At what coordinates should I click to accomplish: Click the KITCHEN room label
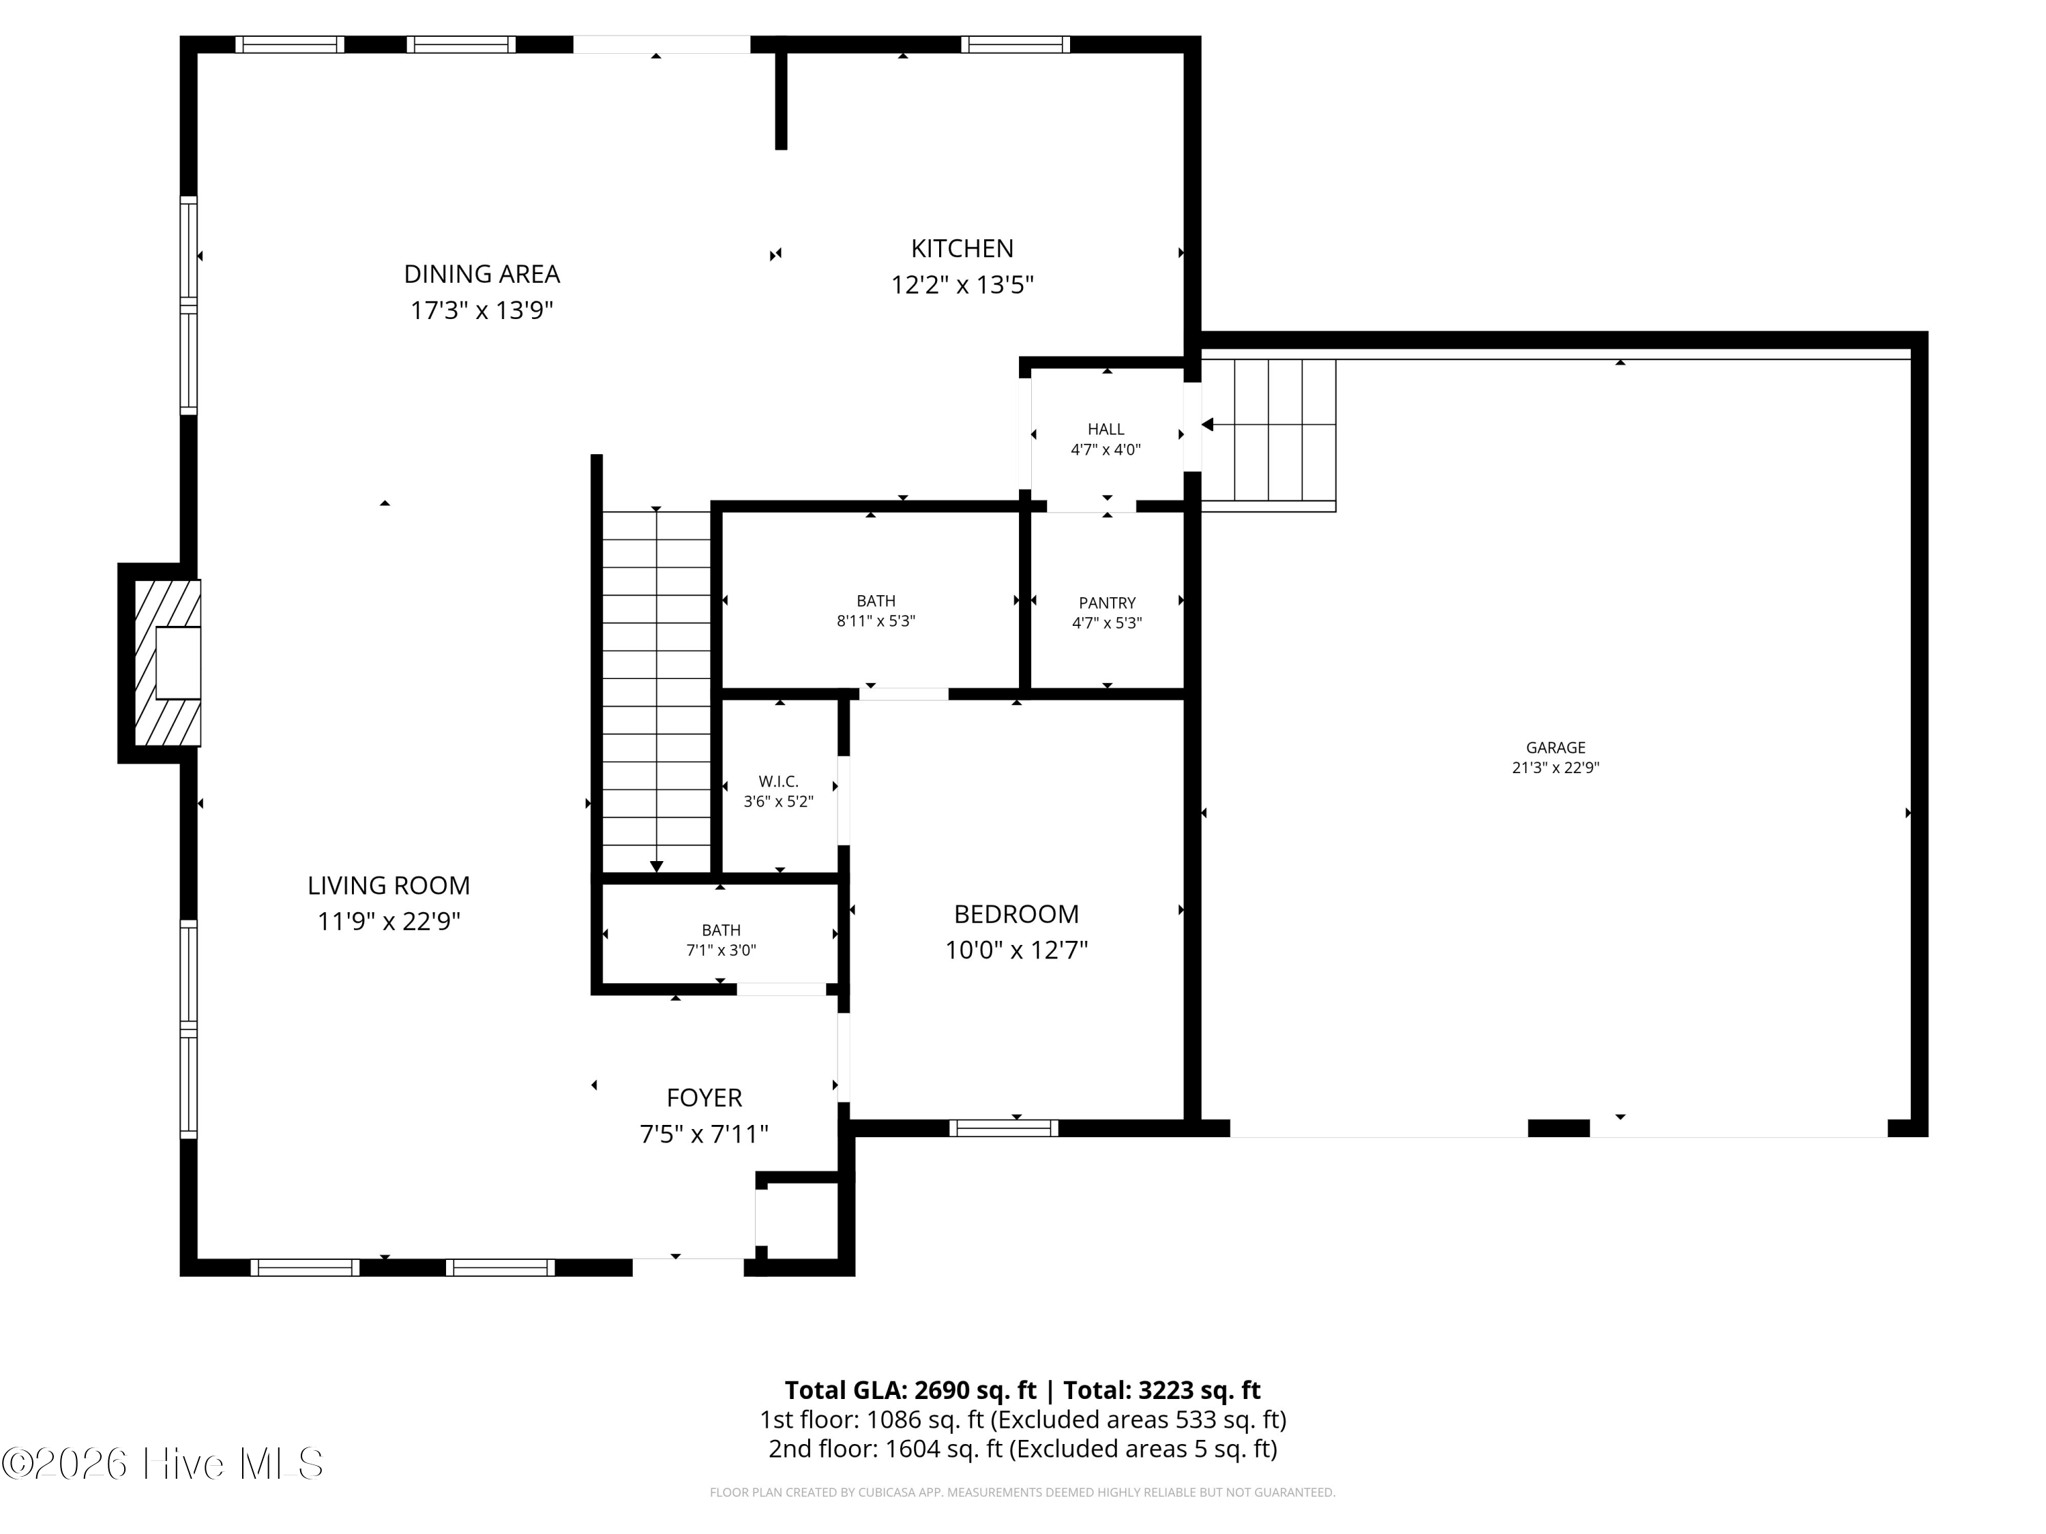962,249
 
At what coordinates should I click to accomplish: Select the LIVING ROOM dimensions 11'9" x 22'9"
389,922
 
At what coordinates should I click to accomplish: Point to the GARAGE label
1556,747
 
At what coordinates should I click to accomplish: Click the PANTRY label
1107,603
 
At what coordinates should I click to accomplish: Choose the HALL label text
1106,429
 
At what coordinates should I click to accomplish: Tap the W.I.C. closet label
779,781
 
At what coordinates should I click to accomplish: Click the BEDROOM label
1017,914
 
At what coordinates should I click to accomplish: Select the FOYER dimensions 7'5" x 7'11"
705,1134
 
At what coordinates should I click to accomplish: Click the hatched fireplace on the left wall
167,662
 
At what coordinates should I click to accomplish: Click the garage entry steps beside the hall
1268,434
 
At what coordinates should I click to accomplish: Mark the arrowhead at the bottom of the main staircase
657,867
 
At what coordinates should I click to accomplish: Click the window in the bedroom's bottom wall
1004,1128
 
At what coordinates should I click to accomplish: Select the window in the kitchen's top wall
1015,44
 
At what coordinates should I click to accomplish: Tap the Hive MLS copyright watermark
163,1464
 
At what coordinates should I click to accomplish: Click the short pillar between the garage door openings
1558,1128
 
